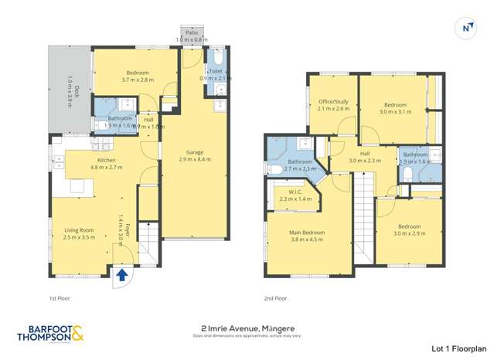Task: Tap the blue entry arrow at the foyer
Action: [122, 273]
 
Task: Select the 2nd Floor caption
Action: [275, 297]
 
